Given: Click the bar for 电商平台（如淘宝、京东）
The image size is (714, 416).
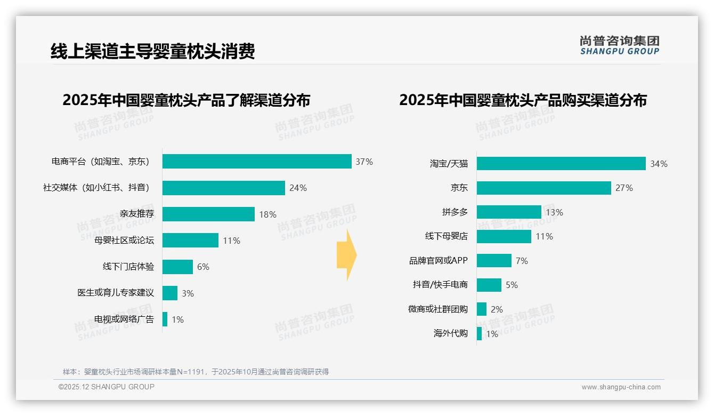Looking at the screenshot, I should (x=257, y=161).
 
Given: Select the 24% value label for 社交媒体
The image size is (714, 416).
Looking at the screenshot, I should (x=298, y=188).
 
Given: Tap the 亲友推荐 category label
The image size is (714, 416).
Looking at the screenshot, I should (x=137, y=214).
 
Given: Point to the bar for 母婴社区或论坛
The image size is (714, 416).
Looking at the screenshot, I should (x=190, y=240).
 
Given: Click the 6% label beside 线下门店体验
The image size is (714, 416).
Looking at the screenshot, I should (x=203, y=267).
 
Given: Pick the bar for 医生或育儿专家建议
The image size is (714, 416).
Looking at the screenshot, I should (x=170, y=293).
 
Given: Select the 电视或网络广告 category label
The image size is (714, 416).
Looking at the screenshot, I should (x=124, y=319).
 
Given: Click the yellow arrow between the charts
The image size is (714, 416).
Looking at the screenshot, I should (x=346, y=255).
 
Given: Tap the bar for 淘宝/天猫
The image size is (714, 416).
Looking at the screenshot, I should (x=561, y=164).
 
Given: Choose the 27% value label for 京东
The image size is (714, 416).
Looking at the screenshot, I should (x=624, y=188).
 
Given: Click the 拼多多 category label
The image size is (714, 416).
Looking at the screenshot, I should (x=455, y=212).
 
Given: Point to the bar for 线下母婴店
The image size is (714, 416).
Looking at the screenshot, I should (x=504, y=236).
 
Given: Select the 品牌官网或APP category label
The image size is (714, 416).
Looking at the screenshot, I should (x=439, y=261).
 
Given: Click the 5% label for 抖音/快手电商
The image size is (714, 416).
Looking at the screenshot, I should (x=512, y=285).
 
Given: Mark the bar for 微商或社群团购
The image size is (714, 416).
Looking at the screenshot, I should (x=482, y=309).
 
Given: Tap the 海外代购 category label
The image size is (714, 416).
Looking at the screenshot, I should (x=451, y=333).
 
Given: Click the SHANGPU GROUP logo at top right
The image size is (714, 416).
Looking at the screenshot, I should (x=619, y=45).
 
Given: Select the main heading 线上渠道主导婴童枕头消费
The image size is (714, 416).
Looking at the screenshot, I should (x=153, y=51).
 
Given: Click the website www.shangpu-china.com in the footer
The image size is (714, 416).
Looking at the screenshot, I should (x=621, y=387).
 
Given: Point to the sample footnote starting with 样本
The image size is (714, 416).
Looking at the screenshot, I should (x=196, y=372).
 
